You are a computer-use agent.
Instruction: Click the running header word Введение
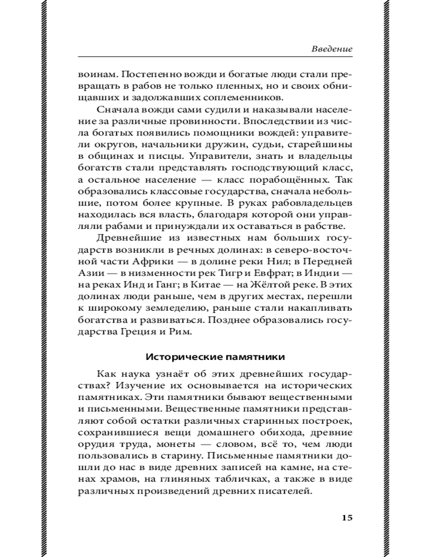click(x=332, y=49)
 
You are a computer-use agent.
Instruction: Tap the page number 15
click(x=346, y=518)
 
